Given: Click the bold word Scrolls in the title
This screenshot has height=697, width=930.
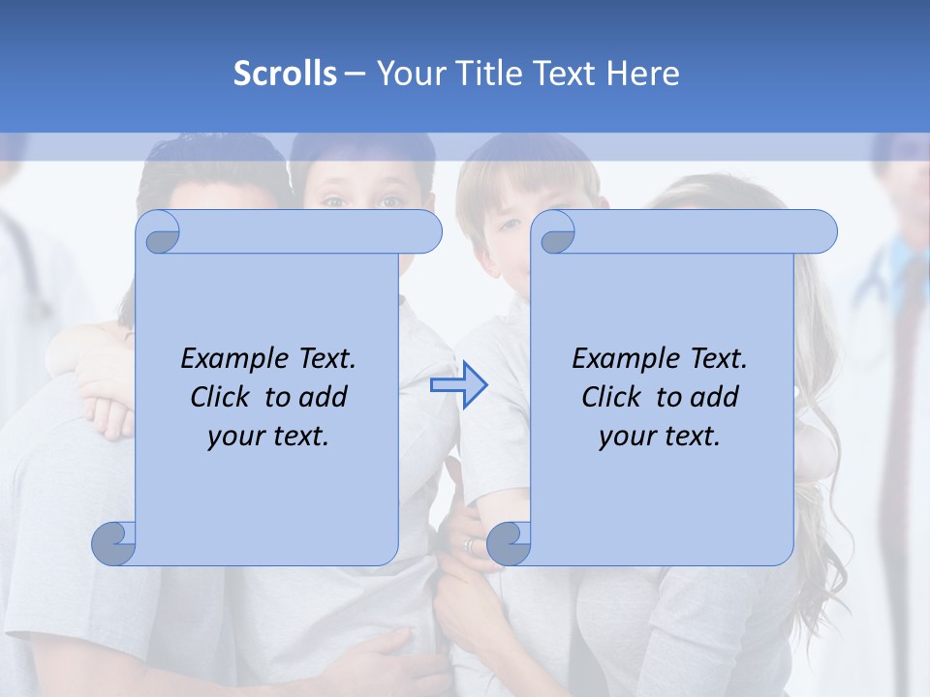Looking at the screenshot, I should point(285,74).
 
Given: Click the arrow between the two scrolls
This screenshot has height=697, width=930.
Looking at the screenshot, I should point(458,385).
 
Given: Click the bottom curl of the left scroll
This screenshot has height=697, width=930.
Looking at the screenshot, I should point(114,544).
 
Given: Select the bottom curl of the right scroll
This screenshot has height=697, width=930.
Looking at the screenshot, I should point(509,544).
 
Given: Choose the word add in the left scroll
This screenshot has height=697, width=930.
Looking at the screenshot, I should point(324,397).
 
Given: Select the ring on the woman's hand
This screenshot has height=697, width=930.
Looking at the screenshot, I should point(470,546).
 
